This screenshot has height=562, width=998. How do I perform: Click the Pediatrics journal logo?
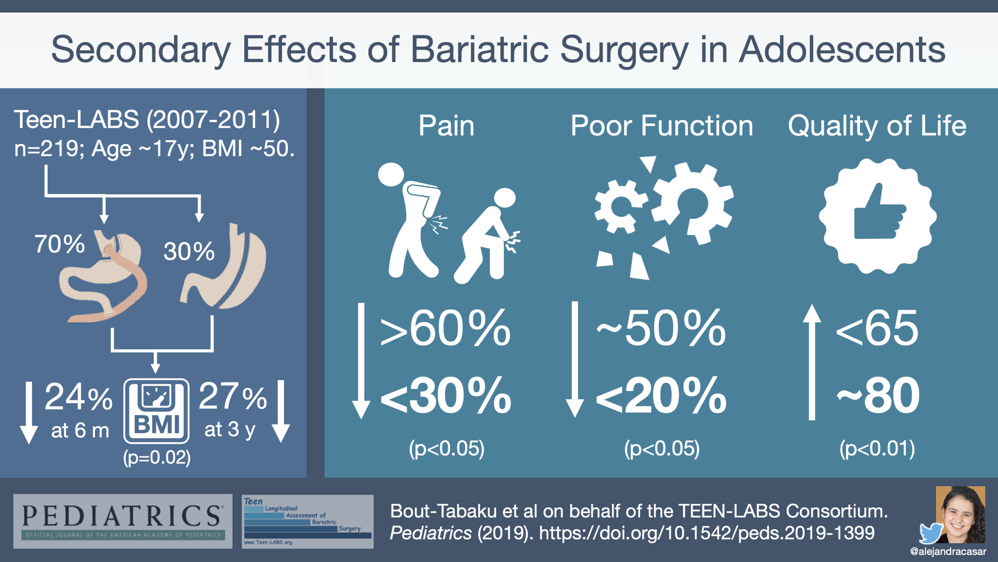(x=123, y=521)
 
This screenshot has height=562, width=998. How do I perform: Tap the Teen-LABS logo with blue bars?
(x=308, y=522)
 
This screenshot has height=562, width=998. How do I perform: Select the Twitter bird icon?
(x=931, y=533)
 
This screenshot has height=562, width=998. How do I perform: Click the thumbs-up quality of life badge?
(x=878, y=216)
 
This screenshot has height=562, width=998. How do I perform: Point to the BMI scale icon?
(x=156, y=411)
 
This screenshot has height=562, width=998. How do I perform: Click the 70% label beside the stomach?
(x=59, y=244)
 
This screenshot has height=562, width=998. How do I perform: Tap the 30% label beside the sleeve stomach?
(x=189, y=251)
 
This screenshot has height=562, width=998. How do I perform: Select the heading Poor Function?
(x=662, y=125)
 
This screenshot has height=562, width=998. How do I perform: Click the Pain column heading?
(x=446, y=125)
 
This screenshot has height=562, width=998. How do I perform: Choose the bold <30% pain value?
(x=446, y=396)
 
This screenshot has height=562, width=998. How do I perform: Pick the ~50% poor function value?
(x=661, y=328)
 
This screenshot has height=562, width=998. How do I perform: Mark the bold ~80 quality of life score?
(x=878, y=396)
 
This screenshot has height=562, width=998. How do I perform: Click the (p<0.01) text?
(x=877, y=448)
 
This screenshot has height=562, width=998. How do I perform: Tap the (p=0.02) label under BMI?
(x=157, y=457)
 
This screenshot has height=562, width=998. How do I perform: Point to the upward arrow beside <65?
(x=812, y=362)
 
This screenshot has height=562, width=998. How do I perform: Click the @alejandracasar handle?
(x=948, y=552)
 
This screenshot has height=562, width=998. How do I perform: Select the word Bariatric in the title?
(x=479, y=49)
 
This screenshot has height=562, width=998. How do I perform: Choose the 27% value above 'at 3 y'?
(x=233, y=397)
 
